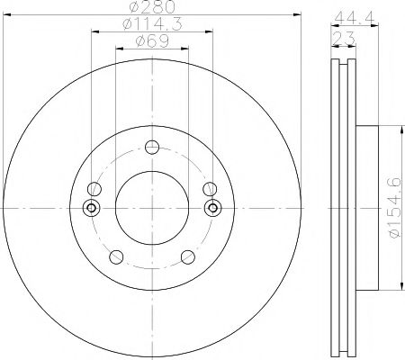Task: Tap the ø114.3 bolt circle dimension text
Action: (150, 26)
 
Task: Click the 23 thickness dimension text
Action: (343, 36)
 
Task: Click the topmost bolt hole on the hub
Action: (152, 148)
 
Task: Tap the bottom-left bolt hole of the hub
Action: (114, 257)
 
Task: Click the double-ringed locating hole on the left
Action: (91, 208)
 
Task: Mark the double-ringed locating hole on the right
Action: (213, 208)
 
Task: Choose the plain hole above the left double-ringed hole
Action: (93, 189)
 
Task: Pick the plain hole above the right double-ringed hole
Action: (211, 189)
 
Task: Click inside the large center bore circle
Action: (152, 207)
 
